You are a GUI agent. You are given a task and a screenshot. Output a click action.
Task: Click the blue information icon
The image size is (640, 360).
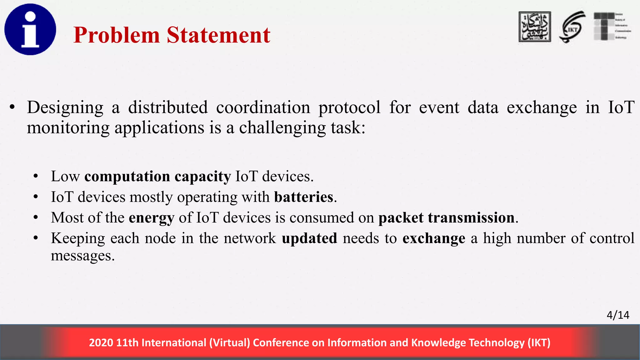pyautogui.click(x=30, y=29)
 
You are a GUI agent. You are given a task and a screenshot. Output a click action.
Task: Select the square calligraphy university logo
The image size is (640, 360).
pyautogui.click(x=535, y=27)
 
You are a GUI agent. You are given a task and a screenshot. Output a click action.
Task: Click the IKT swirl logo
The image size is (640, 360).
pyautogui.click(x=572, y=27)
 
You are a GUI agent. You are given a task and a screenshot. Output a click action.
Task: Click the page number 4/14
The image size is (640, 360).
pyautogui.click(x=618, y=315)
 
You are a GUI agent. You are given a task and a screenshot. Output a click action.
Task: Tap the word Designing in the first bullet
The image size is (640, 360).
pyautogui.click(x=65, y=108)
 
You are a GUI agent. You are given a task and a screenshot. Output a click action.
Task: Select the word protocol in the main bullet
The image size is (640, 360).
pyautogui.click(x=349, y=108)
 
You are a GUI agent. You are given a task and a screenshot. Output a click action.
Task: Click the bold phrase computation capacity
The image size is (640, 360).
pyautogui.click(x=157, y=177)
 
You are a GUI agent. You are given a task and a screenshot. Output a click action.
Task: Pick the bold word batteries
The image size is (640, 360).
pyautogui.click(x=304, y=197)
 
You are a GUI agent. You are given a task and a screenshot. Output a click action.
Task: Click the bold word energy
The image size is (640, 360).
pyautogui.click(x=151, y=218)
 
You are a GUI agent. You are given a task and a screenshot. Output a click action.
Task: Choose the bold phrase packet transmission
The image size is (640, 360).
pyautogui.click(x=446, y=218)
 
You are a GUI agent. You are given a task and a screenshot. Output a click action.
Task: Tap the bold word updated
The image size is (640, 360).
pyautogui.click(x=309, y=238)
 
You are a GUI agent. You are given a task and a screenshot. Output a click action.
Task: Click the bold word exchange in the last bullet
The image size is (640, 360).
pyautogui.click(x=434, y=238)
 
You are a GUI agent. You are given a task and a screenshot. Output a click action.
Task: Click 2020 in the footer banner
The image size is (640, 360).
pyautogui.click(x=101, y=343)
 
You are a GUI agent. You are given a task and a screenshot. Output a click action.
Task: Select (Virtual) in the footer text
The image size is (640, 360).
pyautogui.click(x=230, y=343)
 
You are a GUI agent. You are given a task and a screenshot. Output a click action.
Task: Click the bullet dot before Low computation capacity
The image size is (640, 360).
pyautogui.click(x=36, y=177)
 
